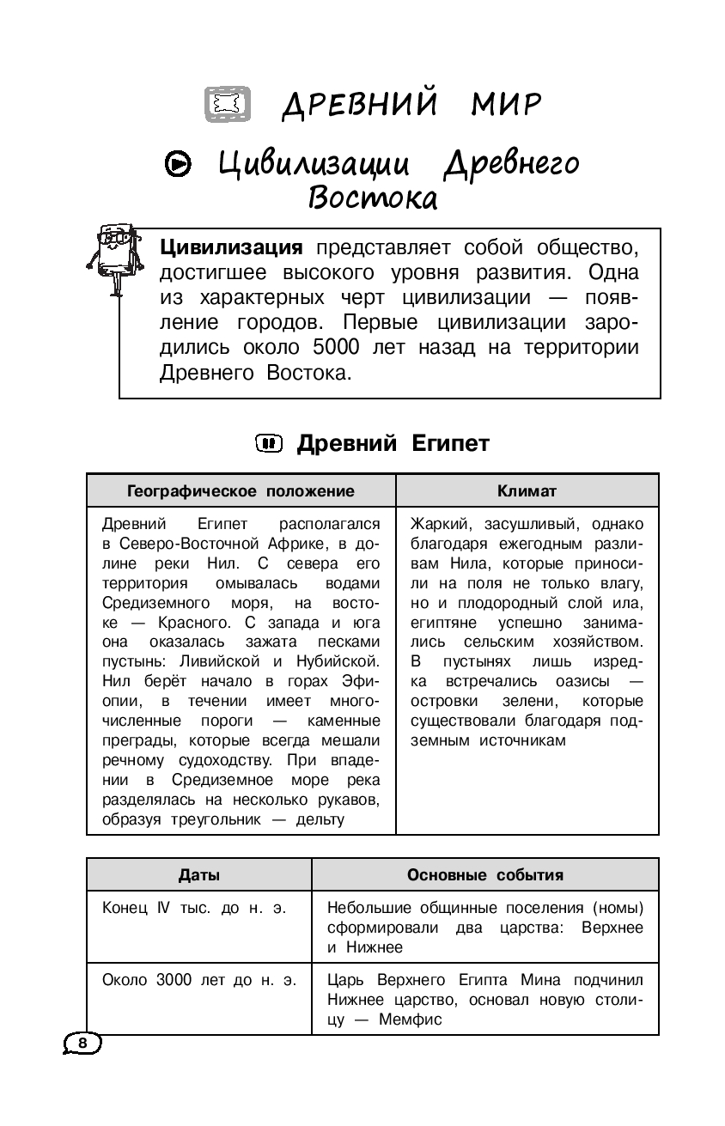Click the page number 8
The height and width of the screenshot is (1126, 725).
(x=82, y=1043)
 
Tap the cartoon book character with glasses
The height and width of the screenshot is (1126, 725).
(x=111, y=253)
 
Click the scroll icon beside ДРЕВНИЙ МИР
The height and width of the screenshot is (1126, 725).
(x=228, y=104)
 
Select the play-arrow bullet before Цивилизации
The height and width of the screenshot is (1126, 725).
(x=178, y=163)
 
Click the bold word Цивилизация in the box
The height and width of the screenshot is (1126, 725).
(x=231, y=248)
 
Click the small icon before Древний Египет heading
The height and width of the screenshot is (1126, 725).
(x=269, y=443)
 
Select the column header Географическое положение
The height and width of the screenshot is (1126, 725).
(x=241, y=491)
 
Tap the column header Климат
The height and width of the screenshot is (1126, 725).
(x=527, y=491)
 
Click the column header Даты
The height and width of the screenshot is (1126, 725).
(x=198, y=875)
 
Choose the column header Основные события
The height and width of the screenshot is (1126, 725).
(x=484, y=875)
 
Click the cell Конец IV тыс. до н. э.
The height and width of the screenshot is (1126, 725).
(x=194, y=908)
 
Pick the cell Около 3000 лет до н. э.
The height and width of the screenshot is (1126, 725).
(x=199, y=980)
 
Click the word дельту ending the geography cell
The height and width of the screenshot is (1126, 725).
(x=320, y=819)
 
